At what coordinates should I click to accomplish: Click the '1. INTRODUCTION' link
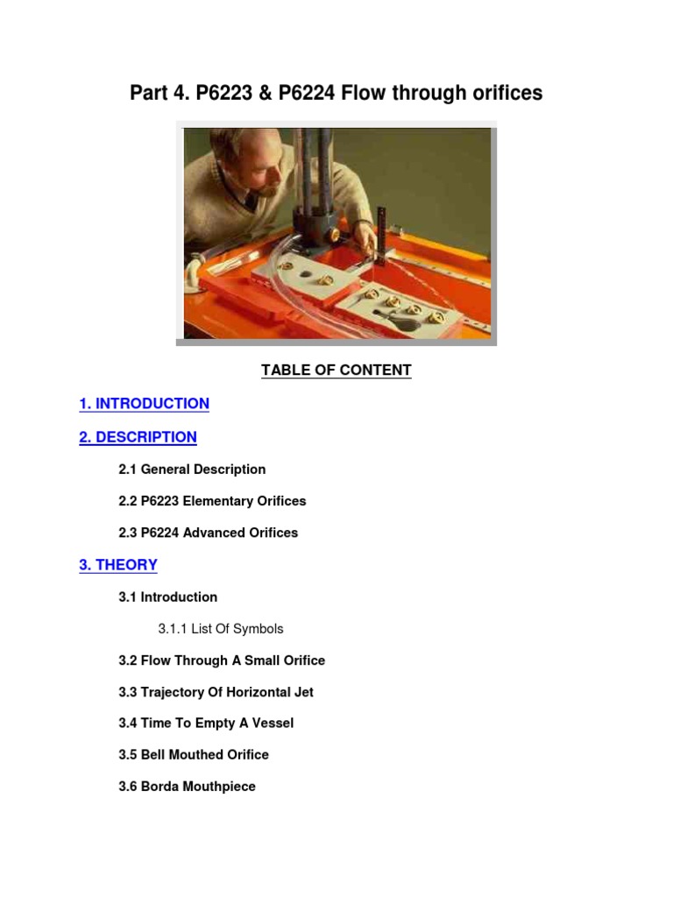(144, 404)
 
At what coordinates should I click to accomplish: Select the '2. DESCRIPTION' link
(138, 437)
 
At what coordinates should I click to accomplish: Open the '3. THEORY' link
(118, 565)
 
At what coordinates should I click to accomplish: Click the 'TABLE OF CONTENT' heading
(336, 371)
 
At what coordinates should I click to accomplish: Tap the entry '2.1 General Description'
(192, 470)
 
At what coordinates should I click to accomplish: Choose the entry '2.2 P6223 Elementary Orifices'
(212, 501)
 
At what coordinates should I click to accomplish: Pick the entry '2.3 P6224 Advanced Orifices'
(208, 533)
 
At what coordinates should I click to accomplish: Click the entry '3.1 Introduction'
(167, 597)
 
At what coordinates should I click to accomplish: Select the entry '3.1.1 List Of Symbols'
(220, 629)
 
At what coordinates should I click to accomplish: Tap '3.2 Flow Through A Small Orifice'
(221, 660)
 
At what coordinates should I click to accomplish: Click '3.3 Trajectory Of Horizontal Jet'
(216, 692)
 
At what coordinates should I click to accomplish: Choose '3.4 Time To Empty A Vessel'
(206, 724)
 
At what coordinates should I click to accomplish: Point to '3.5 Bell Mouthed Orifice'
(194, 755)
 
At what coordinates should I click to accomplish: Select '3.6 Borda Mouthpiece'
(187, 787)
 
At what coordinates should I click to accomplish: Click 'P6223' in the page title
(227, 93)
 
